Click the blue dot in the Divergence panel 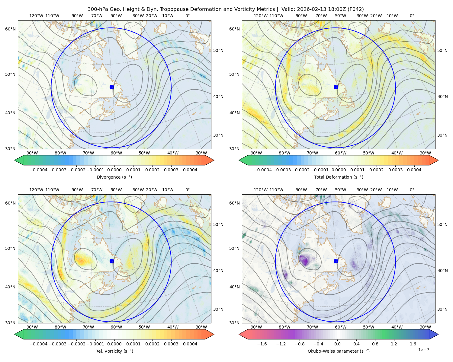click(112, 87)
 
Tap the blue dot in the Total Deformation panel click(336, 87)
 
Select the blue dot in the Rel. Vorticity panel click(112, 261)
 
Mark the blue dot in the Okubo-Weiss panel click(336, 261)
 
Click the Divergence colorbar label click(114, 177)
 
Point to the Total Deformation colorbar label click(339, 177)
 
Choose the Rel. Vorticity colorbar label click(114, 351)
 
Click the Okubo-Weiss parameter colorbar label click(339, 351)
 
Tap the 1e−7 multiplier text click(423, 350)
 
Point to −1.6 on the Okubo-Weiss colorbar click(262, 344)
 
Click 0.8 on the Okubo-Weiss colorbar click(375, 344)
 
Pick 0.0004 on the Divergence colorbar click(190, 170)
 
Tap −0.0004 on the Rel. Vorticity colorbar click(39, 344)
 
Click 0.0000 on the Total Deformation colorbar click(339, 170)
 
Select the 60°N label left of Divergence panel click(10, 29)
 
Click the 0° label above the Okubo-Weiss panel click(412, 190)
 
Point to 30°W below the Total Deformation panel click(425, 153)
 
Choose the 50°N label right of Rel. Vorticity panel click(218, 224)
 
